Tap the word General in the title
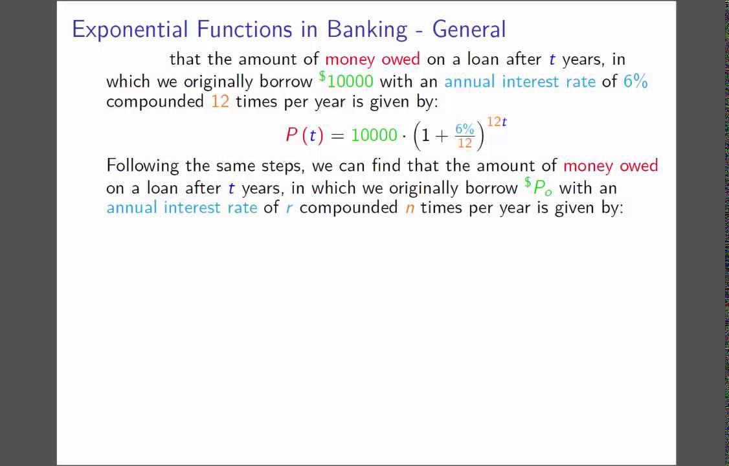click(469, 30)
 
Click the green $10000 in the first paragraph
click(346, 81)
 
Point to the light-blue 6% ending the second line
click(635, 82)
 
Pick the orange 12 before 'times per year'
click(220, 102)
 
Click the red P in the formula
click(291, 135)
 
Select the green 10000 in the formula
click(374, 135)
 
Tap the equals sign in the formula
click(337, 135)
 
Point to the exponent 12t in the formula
click(497, 122)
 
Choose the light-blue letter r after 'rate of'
click(289, 208)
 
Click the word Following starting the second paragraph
click(142, 166)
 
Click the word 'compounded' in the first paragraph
click(155, 102)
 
